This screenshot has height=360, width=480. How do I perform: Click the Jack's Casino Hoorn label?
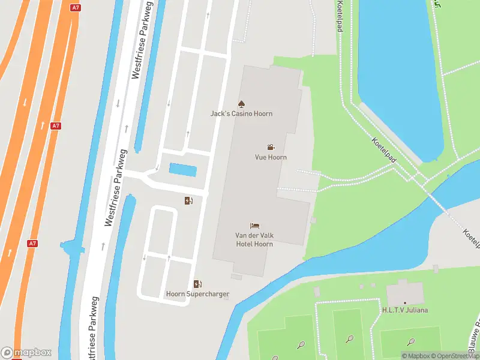[x=241, y=114]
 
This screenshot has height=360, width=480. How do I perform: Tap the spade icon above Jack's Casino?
[x=241, y=104]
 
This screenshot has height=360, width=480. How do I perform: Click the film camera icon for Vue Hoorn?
[x=271, y=147]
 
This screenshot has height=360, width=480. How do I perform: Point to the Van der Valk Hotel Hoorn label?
[x=254, y=240]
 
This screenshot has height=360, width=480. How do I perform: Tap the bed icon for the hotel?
[x=254, y=226]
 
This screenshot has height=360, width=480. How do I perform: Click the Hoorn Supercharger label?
[x=197, y=294]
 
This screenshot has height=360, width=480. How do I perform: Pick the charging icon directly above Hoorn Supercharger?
[x=197, y=284]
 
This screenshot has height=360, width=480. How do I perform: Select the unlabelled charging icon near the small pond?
[x=188, y=200]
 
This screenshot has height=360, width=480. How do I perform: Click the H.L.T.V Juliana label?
[x=405, y=310]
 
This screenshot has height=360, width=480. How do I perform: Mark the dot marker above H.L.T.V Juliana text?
[x=405, y=302]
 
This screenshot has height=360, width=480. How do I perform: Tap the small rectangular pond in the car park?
[x=182, y=170]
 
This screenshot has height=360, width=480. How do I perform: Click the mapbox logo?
[x=26, y=353]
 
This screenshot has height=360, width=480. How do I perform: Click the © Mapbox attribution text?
[x=415, y=356]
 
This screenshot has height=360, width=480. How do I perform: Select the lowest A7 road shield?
[x=33, y=244]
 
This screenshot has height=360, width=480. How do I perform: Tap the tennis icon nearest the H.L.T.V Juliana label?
[x=411, y=342]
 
